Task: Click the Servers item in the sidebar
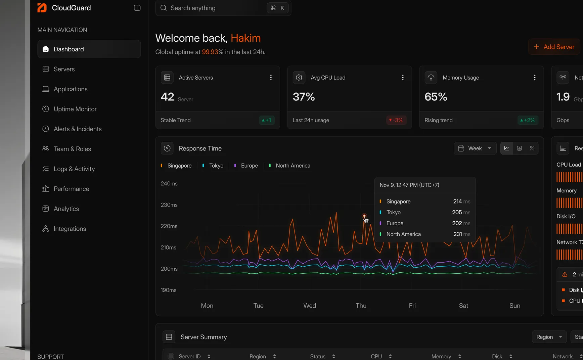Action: [x=64, y=69]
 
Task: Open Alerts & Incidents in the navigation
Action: [x=77, y=129]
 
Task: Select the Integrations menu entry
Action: [x=70, y=229]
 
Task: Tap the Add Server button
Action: [x=554, y=47]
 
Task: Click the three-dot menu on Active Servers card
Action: [x=271, y=78]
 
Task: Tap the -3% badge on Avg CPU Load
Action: [x=396, y=120]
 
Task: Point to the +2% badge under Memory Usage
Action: [x=528, y=120]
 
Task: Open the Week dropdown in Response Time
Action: [x=475, y=148]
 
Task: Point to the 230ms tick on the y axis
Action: [x=169, y=205]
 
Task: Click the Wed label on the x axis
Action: [x=310, y=306]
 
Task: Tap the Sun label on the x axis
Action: [x=515, y=306]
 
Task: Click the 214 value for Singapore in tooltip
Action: [x=457, y=201]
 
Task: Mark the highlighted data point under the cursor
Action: [x=364, y=216]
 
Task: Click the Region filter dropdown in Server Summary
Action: [x=549, y=337]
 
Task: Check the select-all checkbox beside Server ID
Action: [x=171, y=356]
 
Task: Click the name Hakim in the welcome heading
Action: [x=245, y=38]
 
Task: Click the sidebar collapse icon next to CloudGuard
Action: [x=137, y=8]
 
